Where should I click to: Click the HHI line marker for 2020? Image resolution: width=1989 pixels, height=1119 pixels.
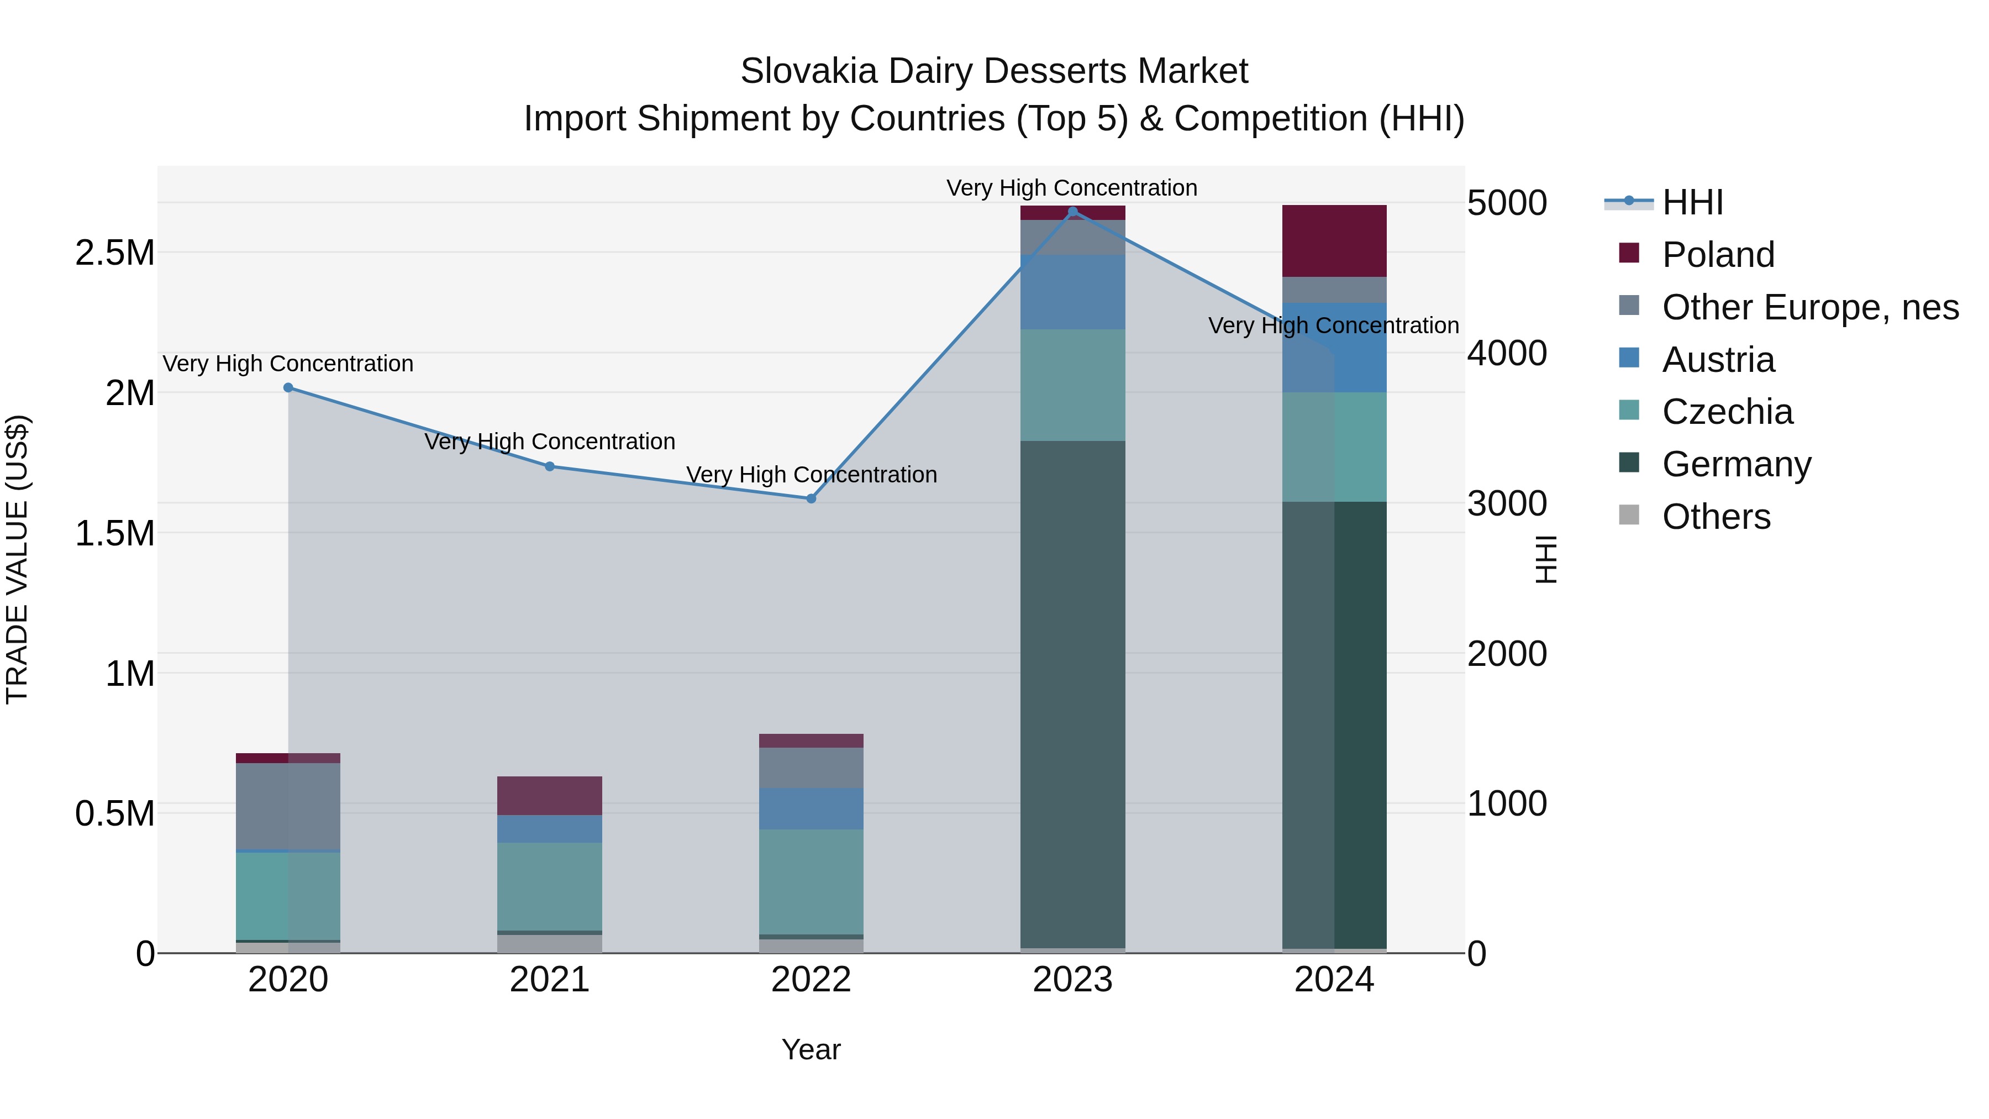(288, 388)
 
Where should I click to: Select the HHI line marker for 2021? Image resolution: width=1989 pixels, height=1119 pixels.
(550, 466)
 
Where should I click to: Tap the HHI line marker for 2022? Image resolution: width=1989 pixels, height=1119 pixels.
(811, 499)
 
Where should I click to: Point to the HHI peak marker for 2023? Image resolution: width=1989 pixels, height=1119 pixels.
(1072, 212)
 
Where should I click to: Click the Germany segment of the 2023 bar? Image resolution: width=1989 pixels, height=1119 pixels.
(1072, 695)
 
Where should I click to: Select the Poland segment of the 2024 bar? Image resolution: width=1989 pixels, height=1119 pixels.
(1334, 241)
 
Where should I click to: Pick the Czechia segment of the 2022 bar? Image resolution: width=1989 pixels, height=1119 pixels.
(811, 882)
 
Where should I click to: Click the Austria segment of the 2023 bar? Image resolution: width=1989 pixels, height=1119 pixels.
(1072, 292)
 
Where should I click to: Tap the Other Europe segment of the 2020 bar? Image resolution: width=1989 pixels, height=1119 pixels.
(288, 806)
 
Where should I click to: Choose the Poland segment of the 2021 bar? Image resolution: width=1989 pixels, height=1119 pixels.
(550, 795)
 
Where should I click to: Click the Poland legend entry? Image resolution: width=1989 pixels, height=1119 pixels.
(1718, 255)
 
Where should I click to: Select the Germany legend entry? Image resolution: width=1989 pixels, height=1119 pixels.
(1736, 464)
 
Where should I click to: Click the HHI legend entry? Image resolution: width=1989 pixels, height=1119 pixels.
(1692, 202)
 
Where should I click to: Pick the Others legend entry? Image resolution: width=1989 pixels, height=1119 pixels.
(1716, 517)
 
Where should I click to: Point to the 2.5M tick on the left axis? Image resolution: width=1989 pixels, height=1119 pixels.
(115, 253)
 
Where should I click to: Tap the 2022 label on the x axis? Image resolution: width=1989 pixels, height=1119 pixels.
(811, 980)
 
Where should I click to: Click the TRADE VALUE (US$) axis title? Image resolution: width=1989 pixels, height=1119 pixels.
(18, 559)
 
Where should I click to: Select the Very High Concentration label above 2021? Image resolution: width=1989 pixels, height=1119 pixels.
(550, 442)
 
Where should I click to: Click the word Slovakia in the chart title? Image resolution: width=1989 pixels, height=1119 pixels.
(808, 71)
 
